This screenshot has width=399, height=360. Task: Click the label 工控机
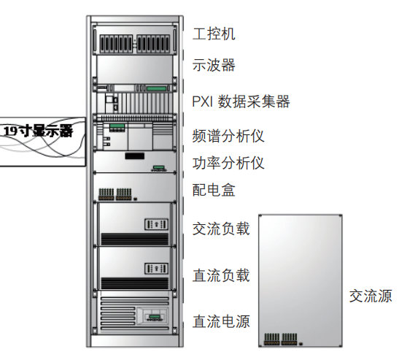click(x=214, y=34)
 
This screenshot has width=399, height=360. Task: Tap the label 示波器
click(x=214, y=65)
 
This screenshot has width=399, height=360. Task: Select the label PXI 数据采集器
click(x=241, y=102)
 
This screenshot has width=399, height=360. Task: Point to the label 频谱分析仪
click(x=228, y=136)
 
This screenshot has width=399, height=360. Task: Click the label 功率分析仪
click(x=228, y=163)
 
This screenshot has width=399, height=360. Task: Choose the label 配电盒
click(x=214, y=190)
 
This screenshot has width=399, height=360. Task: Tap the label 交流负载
click(x=221, y=229)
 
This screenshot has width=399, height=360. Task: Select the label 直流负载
click(x=221, y=275)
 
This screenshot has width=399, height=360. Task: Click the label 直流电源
click(x=221, y=321)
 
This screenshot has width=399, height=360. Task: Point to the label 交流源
click(x=371, y=296)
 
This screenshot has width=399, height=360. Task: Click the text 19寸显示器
click(x=39, y=131)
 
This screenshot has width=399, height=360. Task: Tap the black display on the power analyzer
click(x=135, y=156)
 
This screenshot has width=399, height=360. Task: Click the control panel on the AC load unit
click(x=156, y=224)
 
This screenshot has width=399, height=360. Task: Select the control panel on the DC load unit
click(x=156, y=269)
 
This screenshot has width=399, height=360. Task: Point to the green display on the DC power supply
click(x=155, y=316)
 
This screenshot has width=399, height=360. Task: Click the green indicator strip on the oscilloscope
click(x=156, y=88)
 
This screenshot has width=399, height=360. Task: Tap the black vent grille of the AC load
click(x=135, y=240)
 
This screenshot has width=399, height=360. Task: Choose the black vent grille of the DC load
click(x=135, y=283)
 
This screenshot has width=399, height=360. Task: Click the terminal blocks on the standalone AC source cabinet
click(x=281, y=339)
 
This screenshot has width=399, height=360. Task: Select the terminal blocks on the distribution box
click(x=115, y=194)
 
